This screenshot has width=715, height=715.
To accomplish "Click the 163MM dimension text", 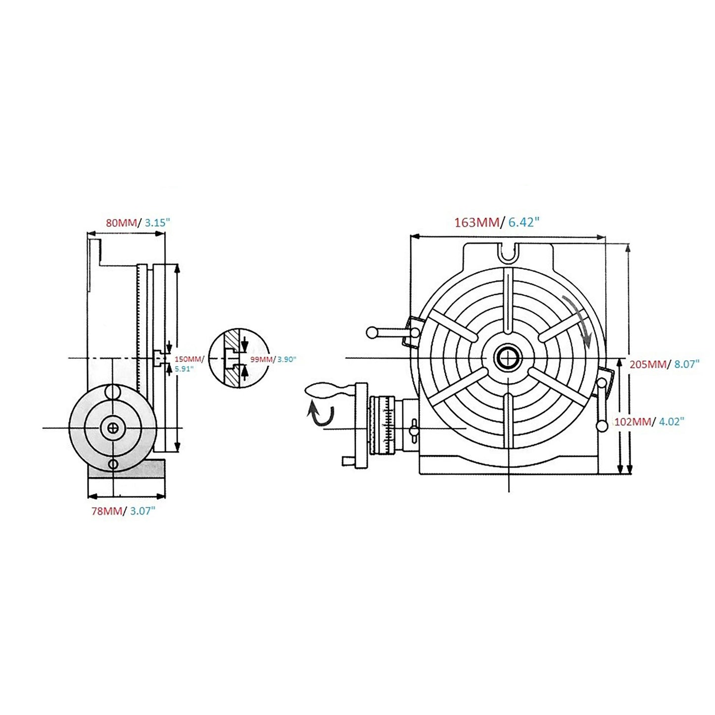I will pos(477,222).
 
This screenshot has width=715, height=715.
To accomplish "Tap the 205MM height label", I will pos(647,364).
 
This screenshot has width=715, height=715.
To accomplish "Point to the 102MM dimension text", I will pos(631,422).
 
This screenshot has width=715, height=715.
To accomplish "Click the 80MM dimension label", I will pos(121,223).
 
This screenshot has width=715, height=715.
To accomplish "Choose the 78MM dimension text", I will pos(106,511).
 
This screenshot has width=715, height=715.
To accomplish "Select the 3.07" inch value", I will pos(143,511).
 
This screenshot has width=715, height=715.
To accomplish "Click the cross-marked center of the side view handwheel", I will pos(114,429).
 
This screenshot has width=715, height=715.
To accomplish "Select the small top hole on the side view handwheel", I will pos(113,392).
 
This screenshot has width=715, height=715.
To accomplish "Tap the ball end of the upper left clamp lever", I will pos(372,332).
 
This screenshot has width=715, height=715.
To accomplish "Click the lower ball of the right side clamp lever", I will pos(602,426).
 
